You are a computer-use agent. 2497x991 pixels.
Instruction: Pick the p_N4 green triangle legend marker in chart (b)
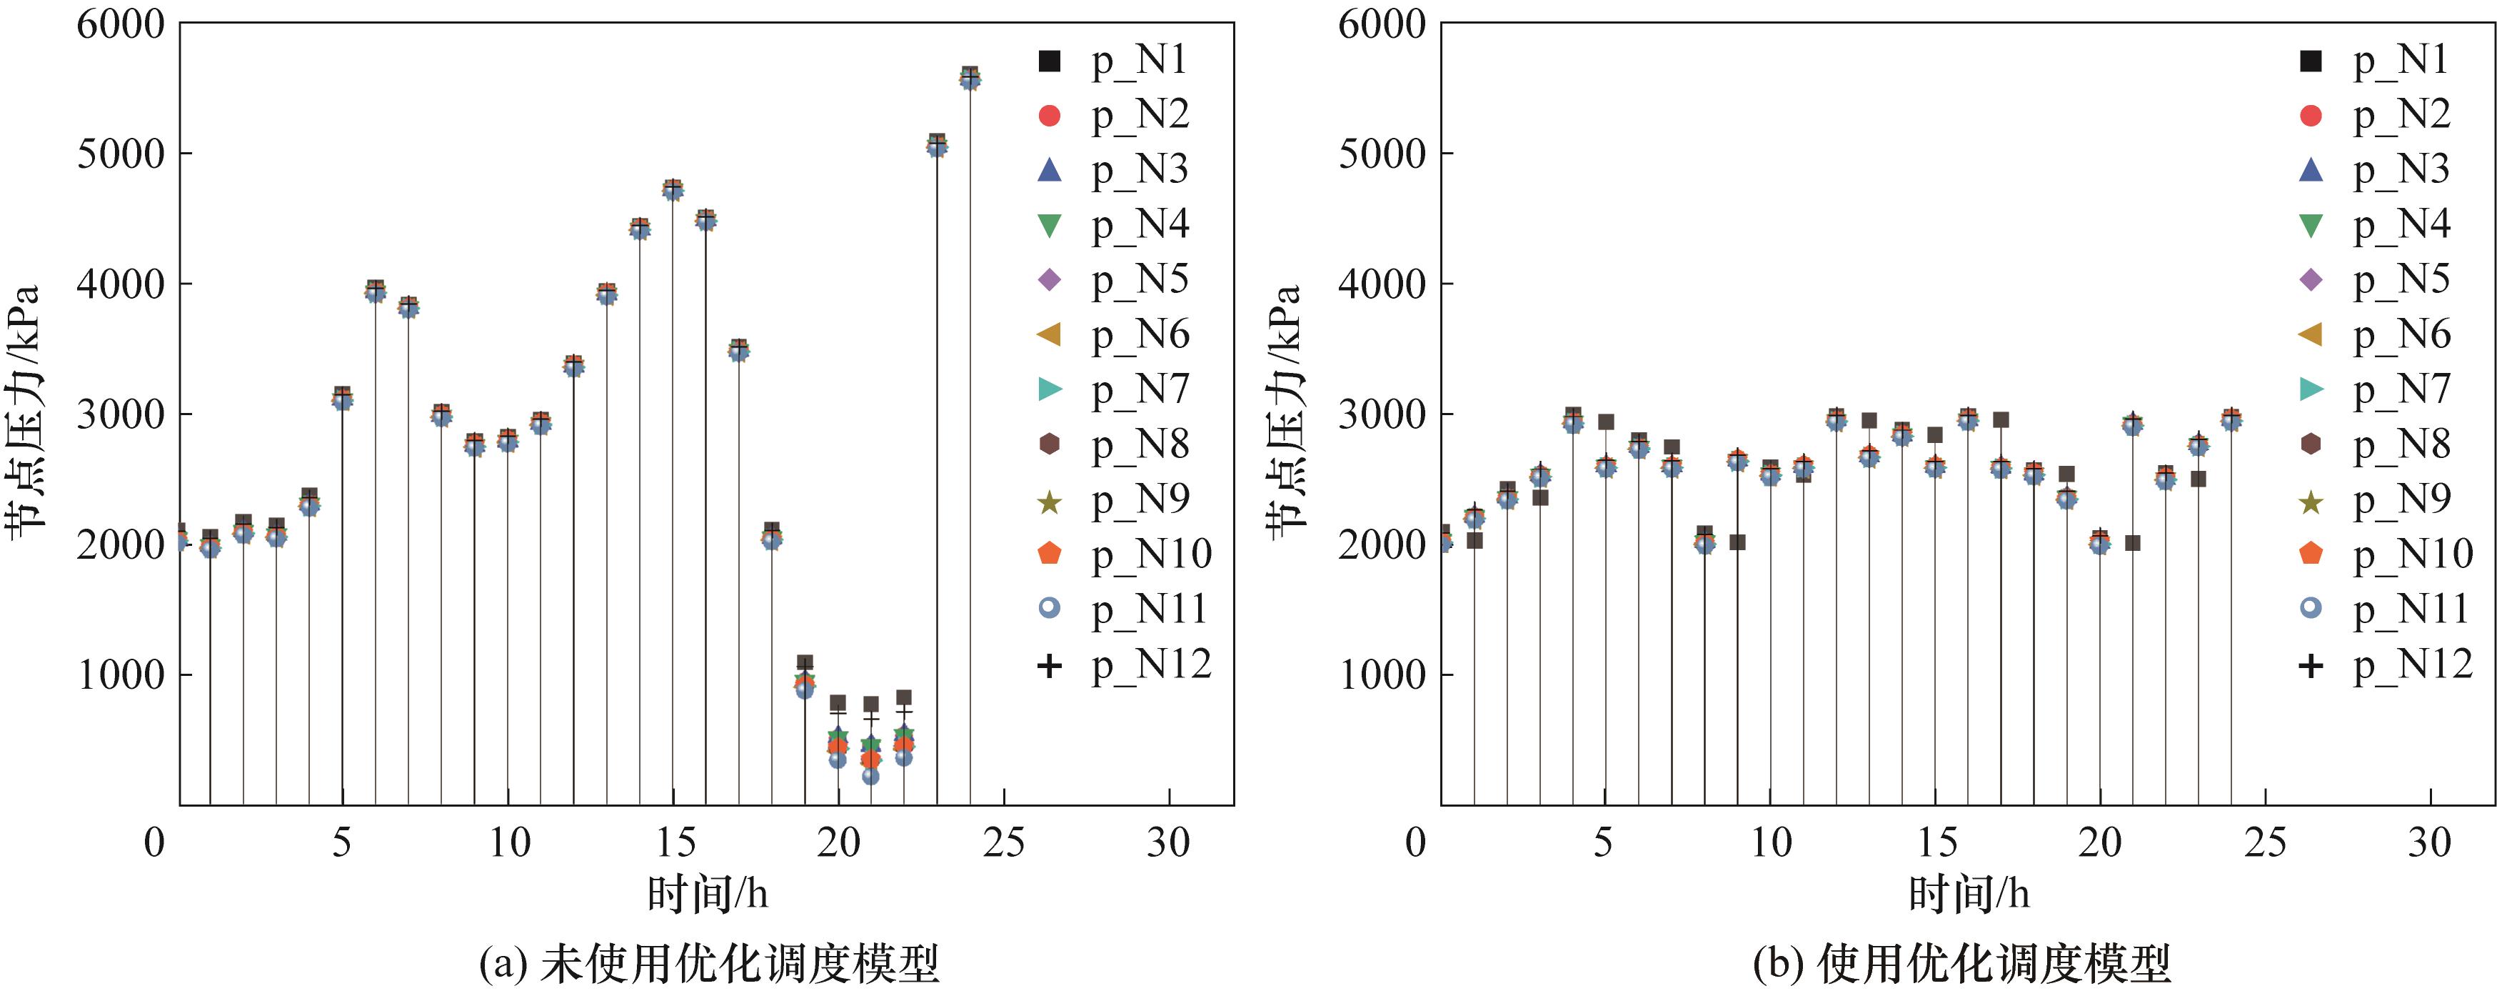pyautogui.click(x=2311, y=226)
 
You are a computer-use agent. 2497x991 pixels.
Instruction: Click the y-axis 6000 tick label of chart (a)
pyautogui.click(x=121, y=24)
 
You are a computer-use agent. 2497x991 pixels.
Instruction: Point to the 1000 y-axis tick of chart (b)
pyautogui.click(x=1382, y=675)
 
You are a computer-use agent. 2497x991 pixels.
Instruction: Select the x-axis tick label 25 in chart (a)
pyautogui.click(x=1003, y=842)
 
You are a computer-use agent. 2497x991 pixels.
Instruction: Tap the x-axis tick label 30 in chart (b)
pyautogui.click(x=2429, y=842)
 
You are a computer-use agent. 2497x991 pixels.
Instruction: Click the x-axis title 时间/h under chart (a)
pyautogui.click(x=708, y=893)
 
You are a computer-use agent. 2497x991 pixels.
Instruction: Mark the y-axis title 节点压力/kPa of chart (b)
pyautogui.click(x=1285, y=407)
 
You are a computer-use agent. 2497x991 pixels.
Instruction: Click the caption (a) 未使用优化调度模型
pyautogui.click(x=708, y=963)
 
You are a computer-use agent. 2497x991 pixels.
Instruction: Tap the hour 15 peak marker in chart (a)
pyautogui.click(x=673, y=188)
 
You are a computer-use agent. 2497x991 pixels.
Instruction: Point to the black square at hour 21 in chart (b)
pyautogui.click(x=2133, y=543)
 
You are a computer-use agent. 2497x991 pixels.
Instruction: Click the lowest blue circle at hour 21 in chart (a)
pyautogui.click(x=870, y=776)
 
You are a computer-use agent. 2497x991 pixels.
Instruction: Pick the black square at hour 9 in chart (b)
pyautogui.click(x=1737, y=542)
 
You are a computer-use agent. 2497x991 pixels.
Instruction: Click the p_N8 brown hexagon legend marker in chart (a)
pyautogui.click(x=1049, y=444)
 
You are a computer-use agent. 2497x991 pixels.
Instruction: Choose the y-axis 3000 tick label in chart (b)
pyautogui.click(x=1382, y=414)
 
